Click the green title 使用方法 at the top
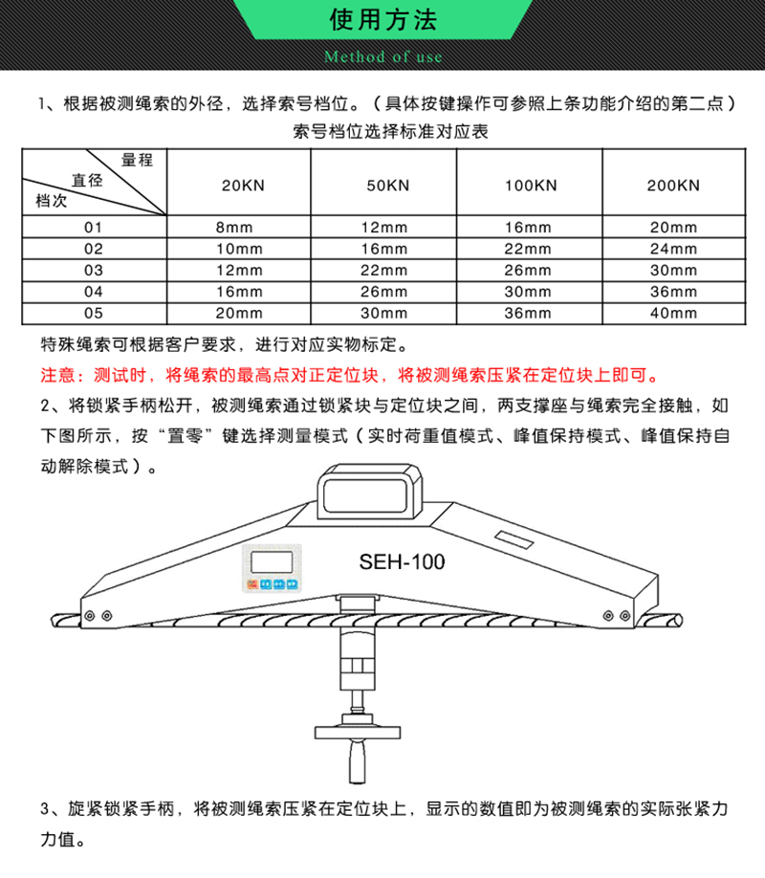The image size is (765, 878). [x=383, y=19]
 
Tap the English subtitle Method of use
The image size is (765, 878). [x=383, y=56]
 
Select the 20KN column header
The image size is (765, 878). [x=243, y=186]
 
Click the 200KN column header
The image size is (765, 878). [x=674, y=186]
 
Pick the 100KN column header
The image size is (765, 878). [x=531, y=186]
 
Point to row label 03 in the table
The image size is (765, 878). [x=94, y=271]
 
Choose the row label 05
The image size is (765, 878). [x=94, y=313]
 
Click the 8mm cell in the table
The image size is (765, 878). [x=234, y=228]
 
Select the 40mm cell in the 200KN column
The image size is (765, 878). [x=674, y=313]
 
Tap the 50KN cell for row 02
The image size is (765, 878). [x=384, y=249]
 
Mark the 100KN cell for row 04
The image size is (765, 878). [x=528, y=292]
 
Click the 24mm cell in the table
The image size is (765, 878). [x=674, y=249]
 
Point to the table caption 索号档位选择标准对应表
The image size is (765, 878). [x=390, y=132]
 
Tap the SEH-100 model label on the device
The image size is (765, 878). [x=402, y=562]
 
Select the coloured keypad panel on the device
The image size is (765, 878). [x=273, y=568]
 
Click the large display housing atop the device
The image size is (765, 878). [x=370, y=492]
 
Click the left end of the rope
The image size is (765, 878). [x=56, y=621]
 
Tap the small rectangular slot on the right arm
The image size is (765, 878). [x=514, y=539]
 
